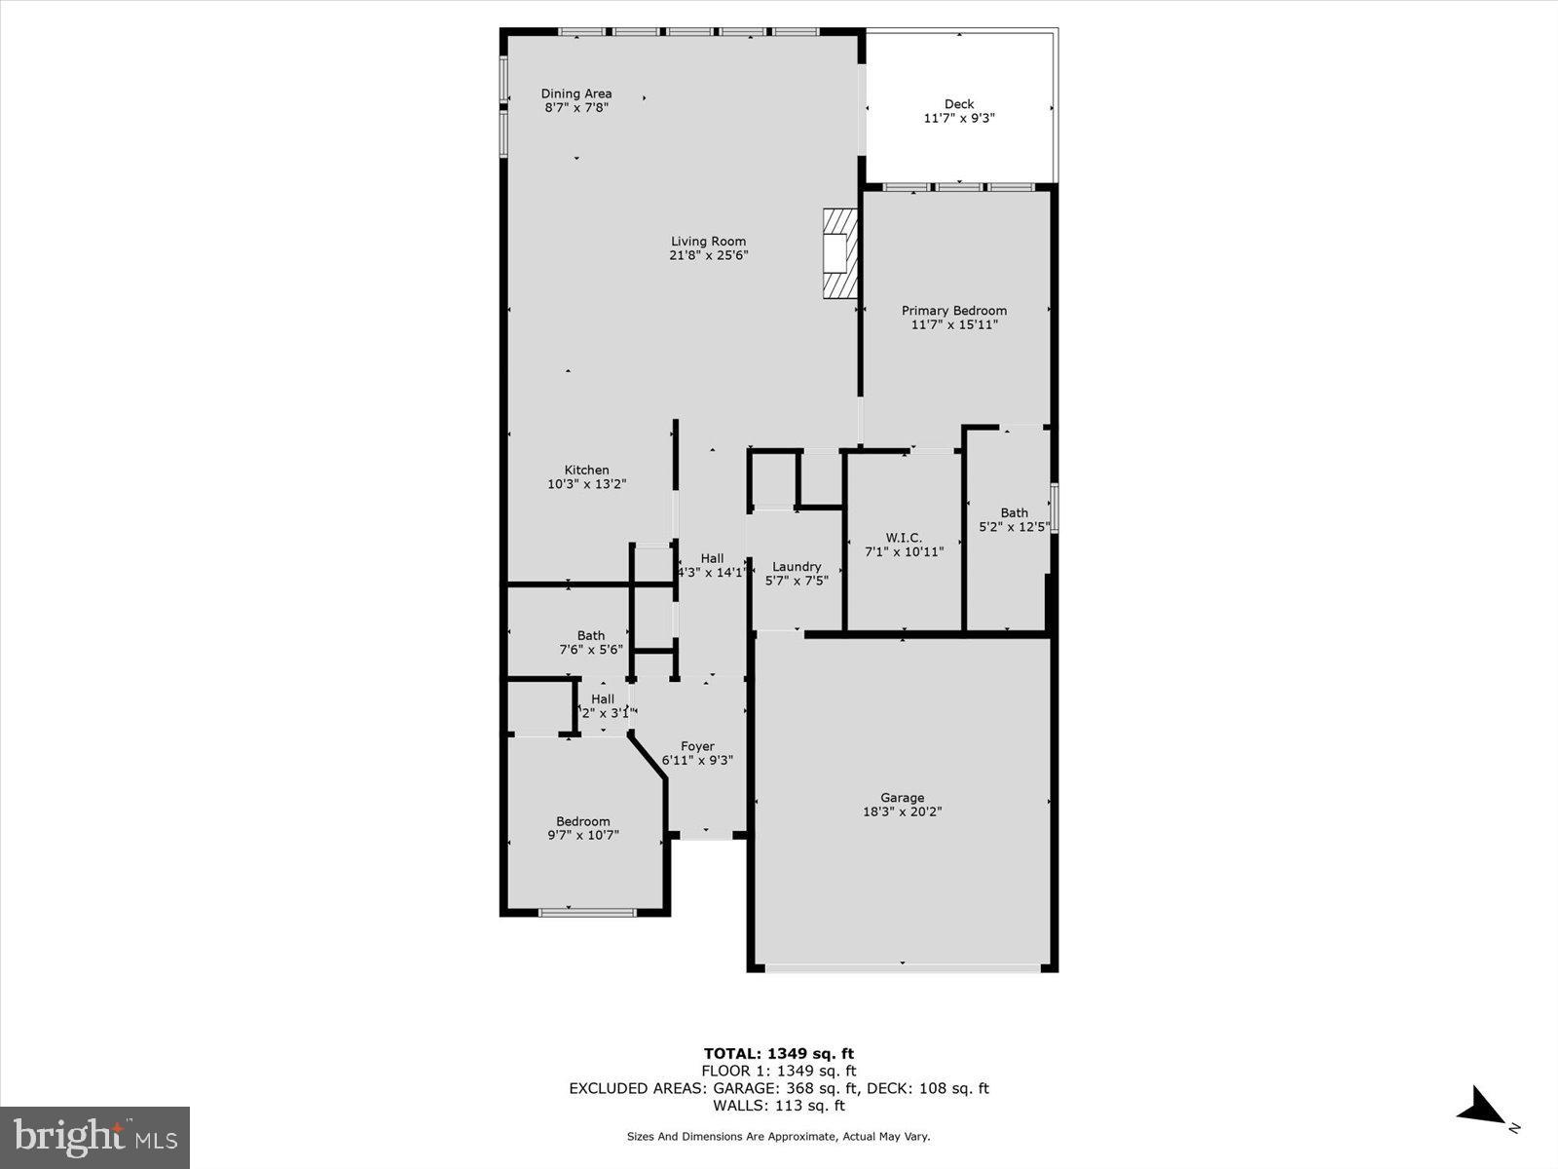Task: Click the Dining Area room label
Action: pyautogui.click(x=576, y=94)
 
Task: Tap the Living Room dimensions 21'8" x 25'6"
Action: pyautogui.click(x=708, y=256)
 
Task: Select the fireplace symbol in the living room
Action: pyautogui.click(x=839, y=252)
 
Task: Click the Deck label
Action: pyautogui.click(x=959, y=104)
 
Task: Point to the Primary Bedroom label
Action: pyautogui.click(x=953, y=311)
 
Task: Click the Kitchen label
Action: pyautogui.click(x=586, y=470)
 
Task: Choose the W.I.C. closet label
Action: pyautogui.click(x=904, y=538)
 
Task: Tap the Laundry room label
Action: pyautogui.click(x=797, y=567)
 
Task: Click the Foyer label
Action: pyautogui.click(x=697, y=746)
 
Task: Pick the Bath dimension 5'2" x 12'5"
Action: pyautogui.click(x=1015, y=527)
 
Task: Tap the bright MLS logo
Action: pyautogui.click(x=95, y=1137)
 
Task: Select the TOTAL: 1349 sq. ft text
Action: pyautogui.click(x=779, y=1053)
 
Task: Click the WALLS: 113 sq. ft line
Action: pyautogui.click(x=779, y=1106)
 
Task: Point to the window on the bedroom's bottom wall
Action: pyautogui.click(x=587, y=913)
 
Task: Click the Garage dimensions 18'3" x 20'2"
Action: pyautogui.click(x=903, y=811)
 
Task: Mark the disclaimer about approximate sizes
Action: pyautogui.click(x=778, y=1136)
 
